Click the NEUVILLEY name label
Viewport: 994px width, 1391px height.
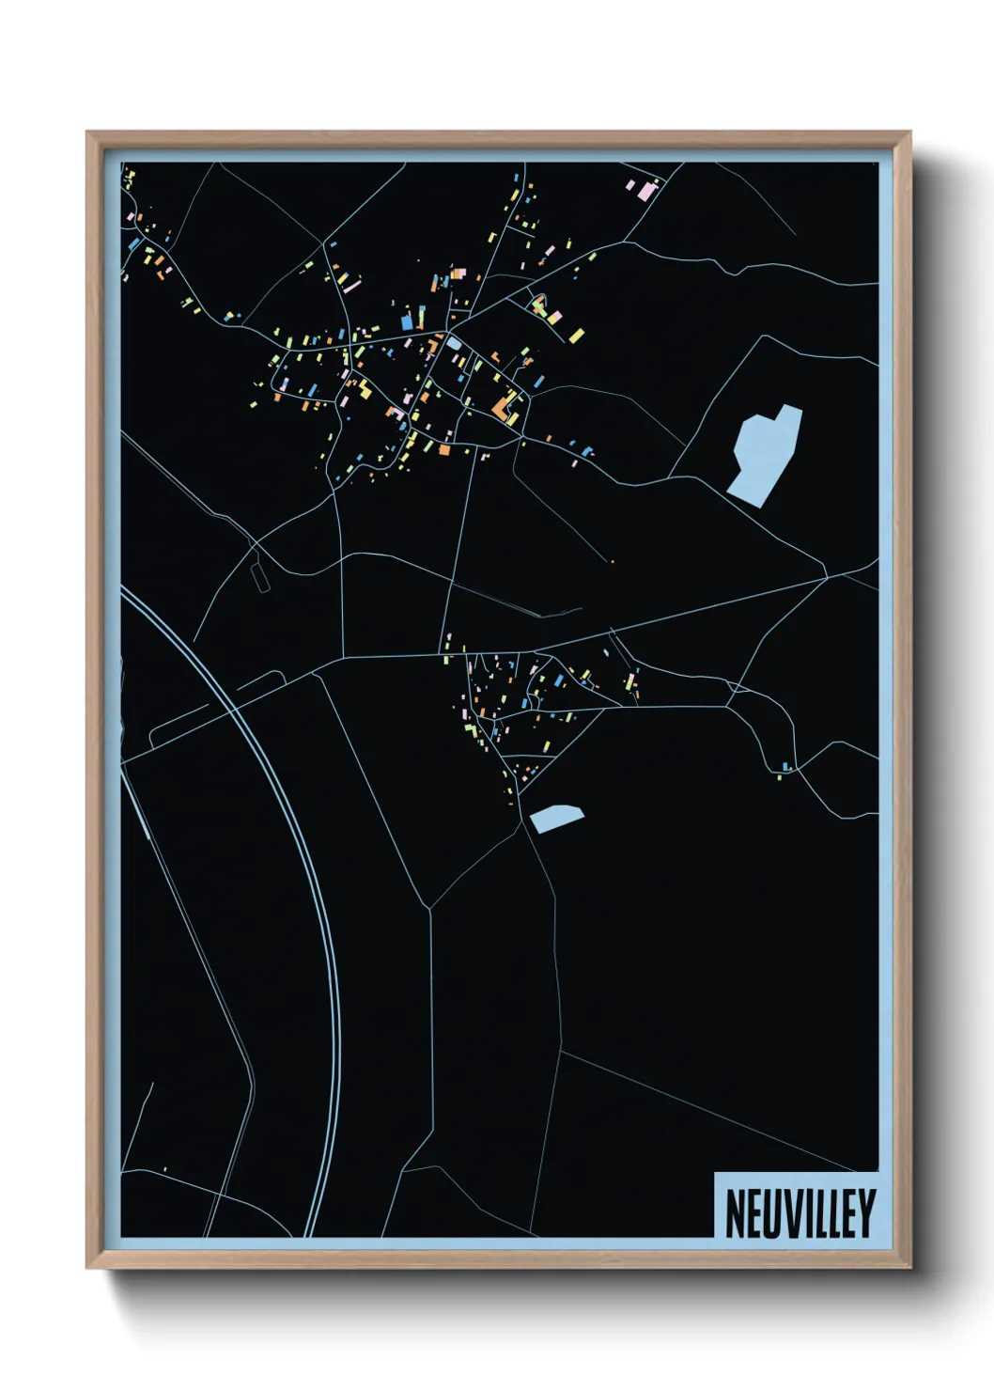tap(800, 1212)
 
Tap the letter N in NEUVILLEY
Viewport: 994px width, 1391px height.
tap(736, 1213)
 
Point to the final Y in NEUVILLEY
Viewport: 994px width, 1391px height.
tap(866, 1213)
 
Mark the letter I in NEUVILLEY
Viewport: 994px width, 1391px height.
tap(812, 1213)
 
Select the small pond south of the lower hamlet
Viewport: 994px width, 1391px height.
tap(556, 818)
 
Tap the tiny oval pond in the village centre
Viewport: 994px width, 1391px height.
tap(455, 343)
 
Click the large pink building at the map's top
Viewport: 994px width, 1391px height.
tap(647, 191)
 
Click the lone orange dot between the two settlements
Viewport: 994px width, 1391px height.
tap(613, 562)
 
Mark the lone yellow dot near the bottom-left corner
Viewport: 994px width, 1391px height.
tap(164, 1169)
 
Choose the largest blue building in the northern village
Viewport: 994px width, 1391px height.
tap(407, 321)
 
